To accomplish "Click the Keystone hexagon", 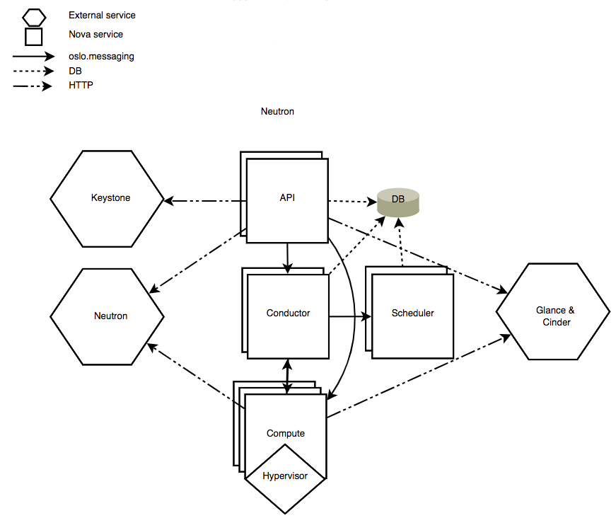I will (110, 198).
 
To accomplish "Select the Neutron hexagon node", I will (110, 316).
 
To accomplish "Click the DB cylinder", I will (398, 202).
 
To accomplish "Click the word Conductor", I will (288, 313).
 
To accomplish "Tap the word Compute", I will (286, 433).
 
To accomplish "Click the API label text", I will (287, 197).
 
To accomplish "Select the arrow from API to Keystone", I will (205, 202).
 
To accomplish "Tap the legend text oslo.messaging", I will (102, 57).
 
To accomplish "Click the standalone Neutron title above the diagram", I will (277, 111).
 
